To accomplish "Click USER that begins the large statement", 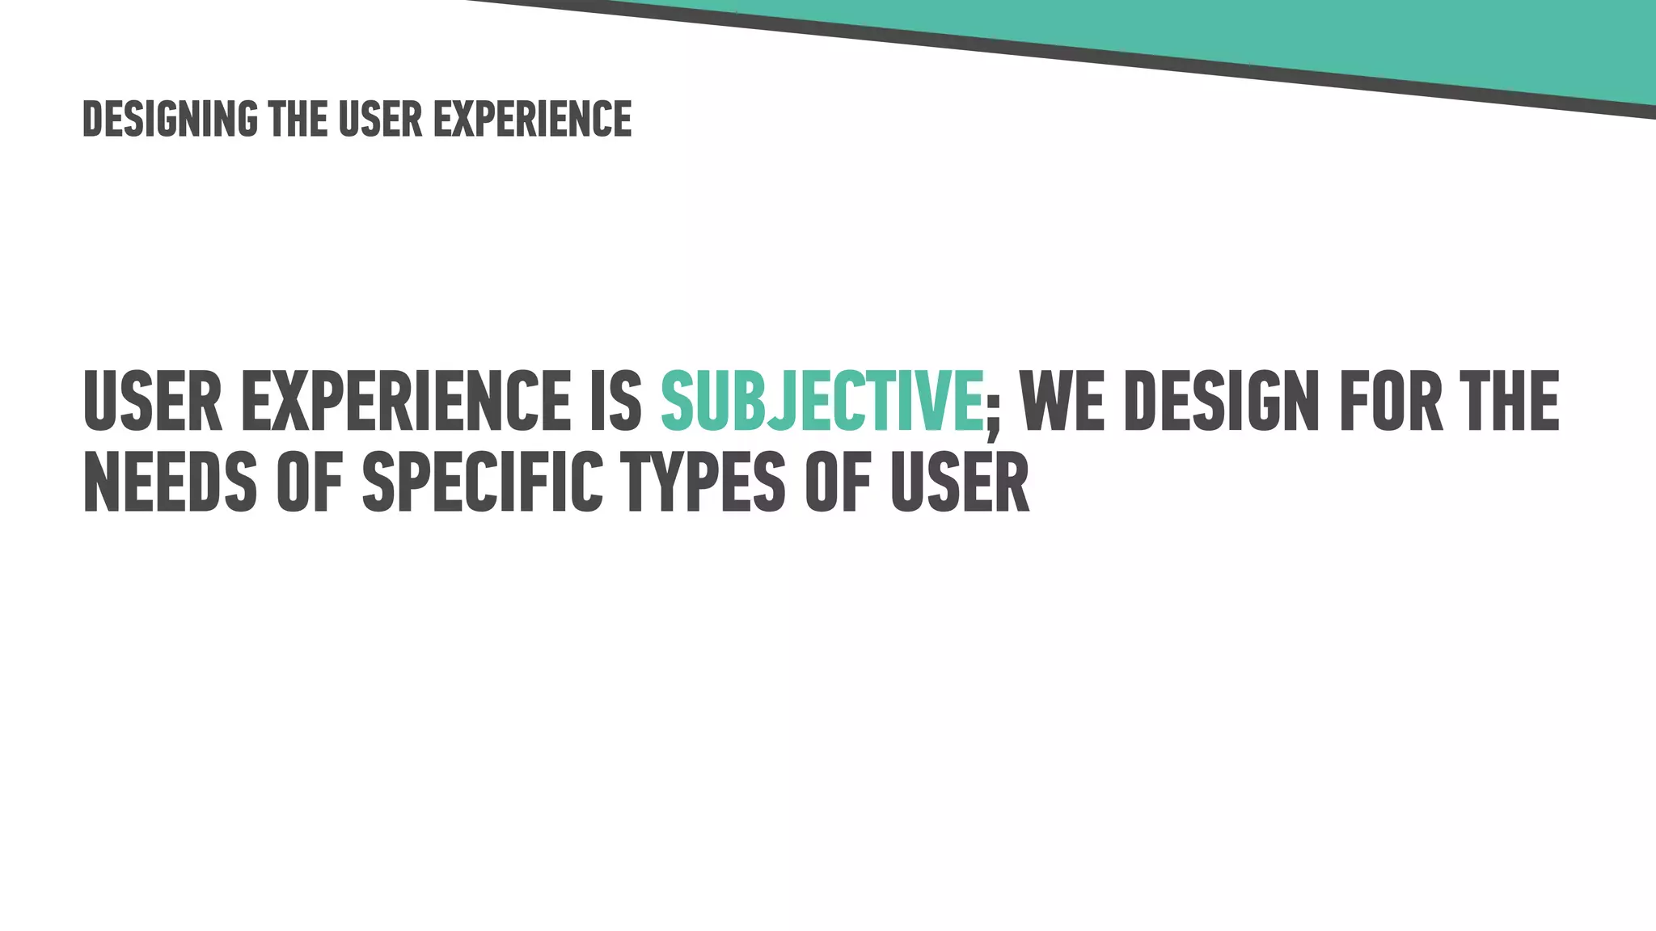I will pyautogui.click(x=152, y=402).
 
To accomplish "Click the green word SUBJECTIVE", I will pyautogui.click(x=822, y=402).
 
